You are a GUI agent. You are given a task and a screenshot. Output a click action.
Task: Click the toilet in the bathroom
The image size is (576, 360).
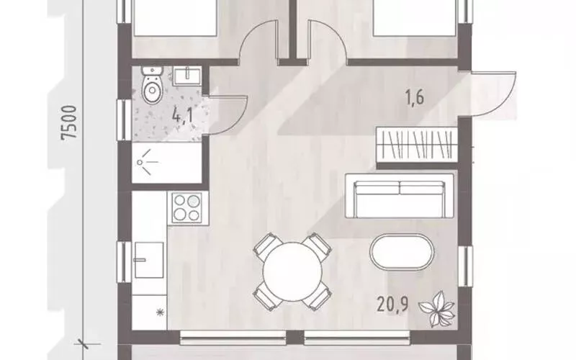[152, 85]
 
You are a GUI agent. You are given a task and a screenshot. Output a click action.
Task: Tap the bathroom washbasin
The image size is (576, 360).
[187, 76]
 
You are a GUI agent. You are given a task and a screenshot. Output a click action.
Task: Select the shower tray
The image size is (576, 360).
[167, 163]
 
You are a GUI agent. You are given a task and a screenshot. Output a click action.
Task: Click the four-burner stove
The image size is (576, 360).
[187, 207]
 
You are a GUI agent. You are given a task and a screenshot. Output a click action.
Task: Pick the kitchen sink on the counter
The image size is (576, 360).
[149, 260]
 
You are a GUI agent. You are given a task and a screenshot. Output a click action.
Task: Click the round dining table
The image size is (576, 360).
[292, 272]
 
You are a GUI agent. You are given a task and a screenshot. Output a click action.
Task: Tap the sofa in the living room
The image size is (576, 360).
[400, 195]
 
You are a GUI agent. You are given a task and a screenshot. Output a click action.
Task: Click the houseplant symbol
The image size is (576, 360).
[438, 309]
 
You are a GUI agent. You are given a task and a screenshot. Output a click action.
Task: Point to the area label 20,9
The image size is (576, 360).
[392, 305]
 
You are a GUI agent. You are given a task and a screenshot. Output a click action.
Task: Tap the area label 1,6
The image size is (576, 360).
[415, 98]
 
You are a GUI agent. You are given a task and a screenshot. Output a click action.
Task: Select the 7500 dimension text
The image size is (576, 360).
[69, 122]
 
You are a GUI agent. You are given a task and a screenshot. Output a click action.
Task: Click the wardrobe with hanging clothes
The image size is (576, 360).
[417, 145]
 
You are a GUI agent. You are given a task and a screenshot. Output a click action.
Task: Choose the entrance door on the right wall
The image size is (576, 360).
[492, 94]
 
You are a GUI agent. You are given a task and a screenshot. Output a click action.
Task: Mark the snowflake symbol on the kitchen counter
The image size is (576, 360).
[160, 312]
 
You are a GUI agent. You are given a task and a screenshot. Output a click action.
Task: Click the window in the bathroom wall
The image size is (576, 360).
[124, 120]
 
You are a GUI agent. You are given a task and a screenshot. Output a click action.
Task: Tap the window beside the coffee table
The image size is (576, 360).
[465, 266]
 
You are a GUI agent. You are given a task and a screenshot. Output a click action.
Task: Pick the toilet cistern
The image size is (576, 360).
[152, 71]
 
